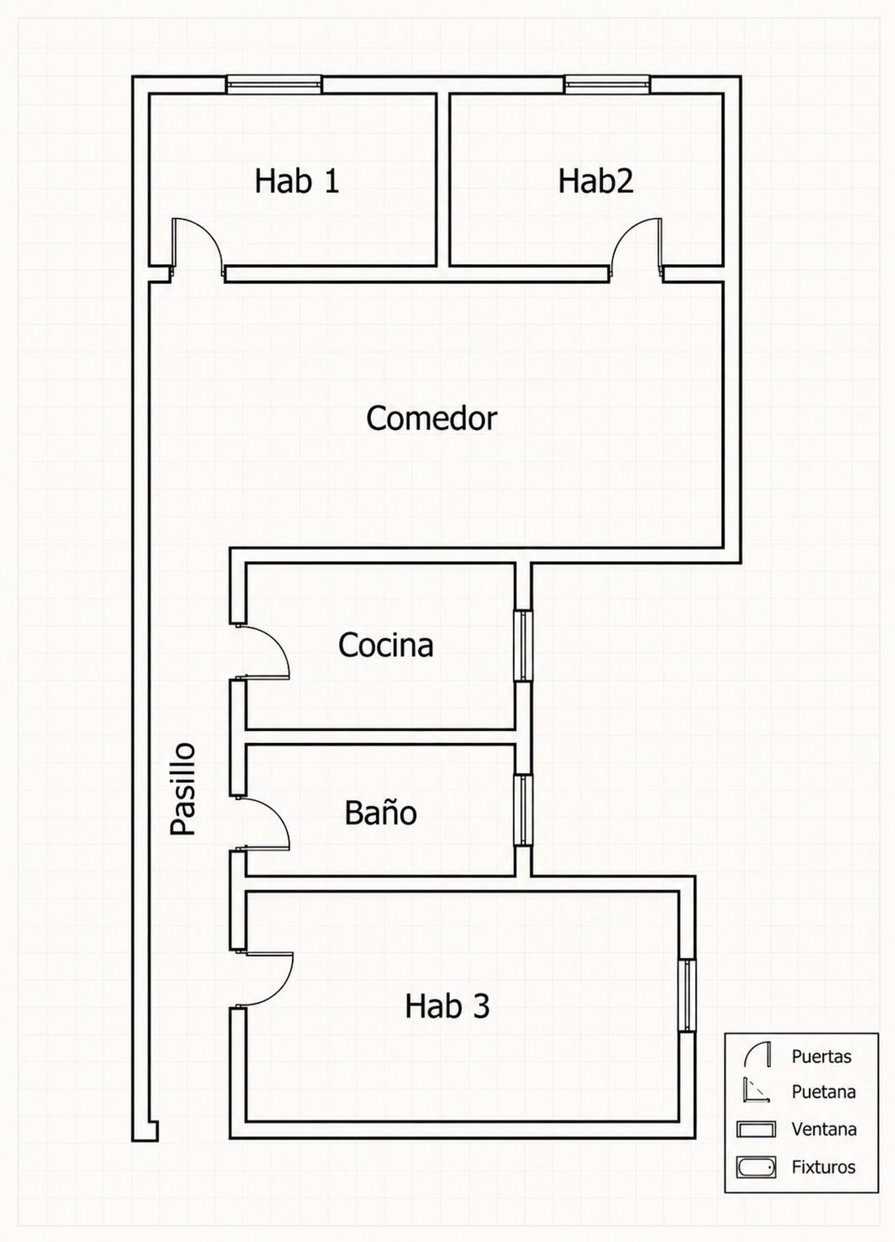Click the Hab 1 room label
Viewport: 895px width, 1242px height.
(x=297, y=181)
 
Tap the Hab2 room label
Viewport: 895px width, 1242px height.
(x=595, y=181)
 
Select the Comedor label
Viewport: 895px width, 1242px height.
(x=431, y=418)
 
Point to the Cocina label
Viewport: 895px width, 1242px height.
(x=385, y=645)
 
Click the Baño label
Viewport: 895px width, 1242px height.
(x=381, y=812)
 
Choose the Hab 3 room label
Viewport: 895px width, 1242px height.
(x=447, y=1006)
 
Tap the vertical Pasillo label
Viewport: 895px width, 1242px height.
(x=183, y=788)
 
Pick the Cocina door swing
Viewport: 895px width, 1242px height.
(x=263, y=651)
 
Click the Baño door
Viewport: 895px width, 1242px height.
(x=263, y=823)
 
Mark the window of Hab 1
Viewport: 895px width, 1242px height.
(x=274, y=84)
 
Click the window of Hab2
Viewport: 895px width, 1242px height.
(x=607, y=84)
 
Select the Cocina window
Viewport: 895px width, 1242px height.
(x=523, y=645)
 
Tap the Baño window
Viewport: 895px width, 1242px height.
(x=523, y=810)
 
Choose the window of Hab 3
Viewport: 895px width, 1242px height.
(x=687, y=995)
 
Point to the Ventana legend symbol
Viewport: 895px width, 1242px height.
(x=756, y=1129)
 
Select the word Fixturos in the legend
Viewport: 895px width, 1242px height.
(x=823, y=1167)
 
